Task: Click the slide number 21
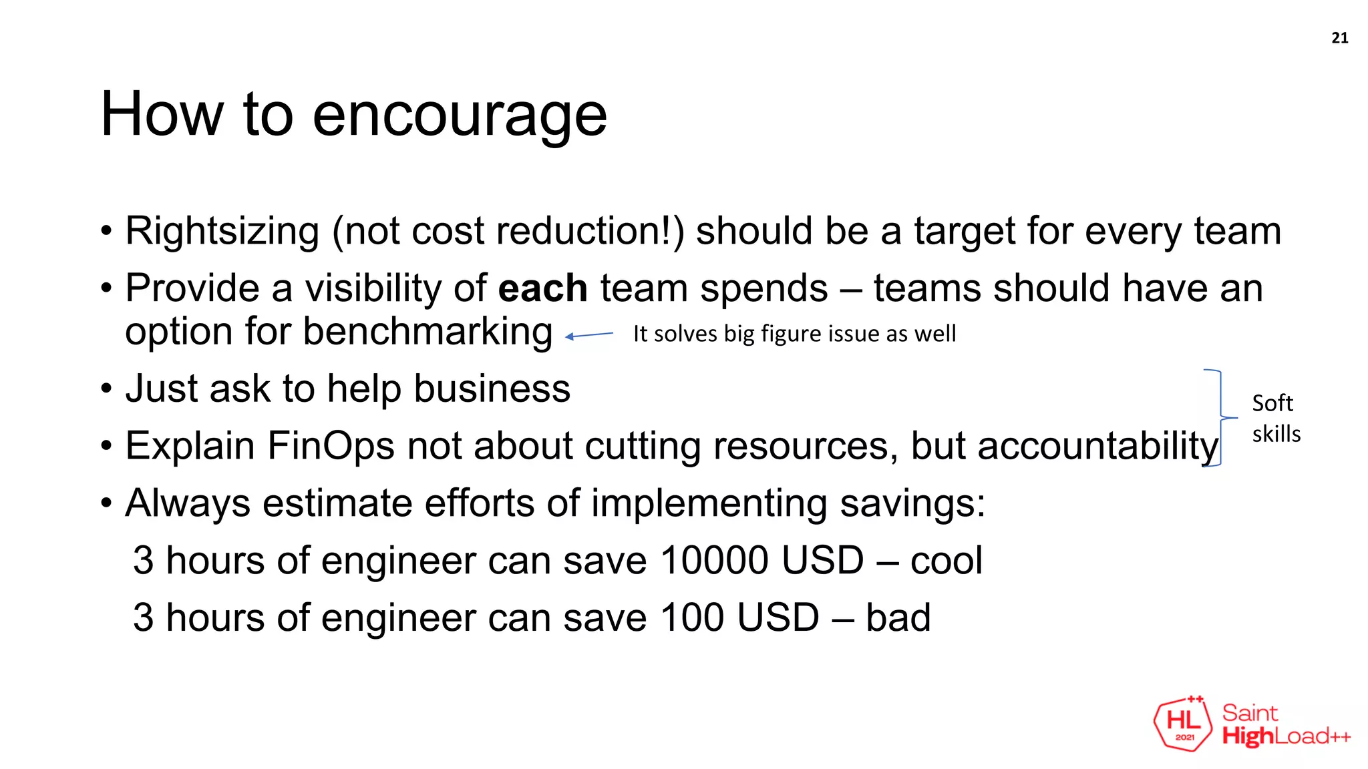[x=1339, y=38]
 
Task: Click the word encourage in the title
[x=460, y=115]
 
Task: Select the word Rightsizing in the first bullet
[x=222, y=231]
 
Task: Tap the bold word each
[x=542, y=288]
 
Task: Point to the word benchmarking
[x=427, y=332]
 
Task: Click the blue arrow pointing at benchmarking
[x=589, y=335]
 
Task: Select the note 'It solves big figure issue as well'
[x=794, y=334]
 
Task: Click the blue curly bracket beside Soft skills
[x=1220, y=418]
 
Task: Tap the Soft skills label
[x=1276, y=419]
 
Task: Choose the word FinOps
[x=331, y=446]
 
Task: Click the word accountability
[x=1098, y=446]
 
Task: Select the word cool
[x=946, y=561]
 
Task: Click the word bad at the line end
[x=898, y=617]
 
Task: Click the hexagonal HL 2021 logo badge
[x=1183, y=724]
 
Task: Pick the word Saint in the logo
[x=1250, y=713]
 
